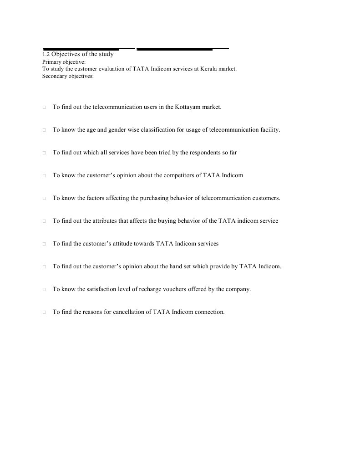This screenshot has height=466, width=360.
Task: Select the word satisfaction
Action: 99,289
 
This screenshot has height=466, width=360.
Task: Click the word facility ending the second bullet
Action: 270,130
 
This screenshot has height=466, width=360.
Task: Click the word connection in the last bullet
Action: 210,312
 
